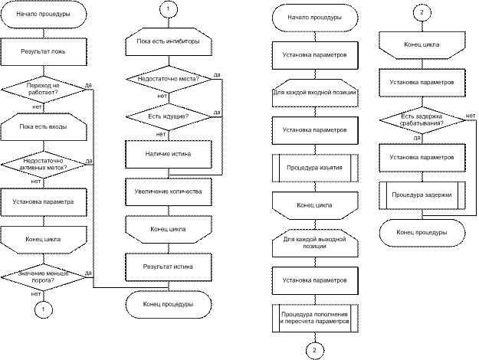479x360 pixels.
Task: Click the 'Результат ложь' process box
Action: (x=44, y=51)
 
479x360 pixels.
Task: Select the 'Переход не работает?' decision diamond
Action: (x=44, y=89)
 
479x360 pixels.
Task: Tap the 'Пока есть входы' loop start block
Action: (x=44, y=126)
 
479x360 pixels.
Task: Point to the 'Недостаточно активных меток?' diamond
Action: (x=44, y=164)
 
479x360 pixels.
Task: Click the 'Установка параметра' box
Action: (x=44, y=202)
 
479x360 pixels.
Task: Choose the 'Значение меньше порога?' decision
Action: (x=44, y=277)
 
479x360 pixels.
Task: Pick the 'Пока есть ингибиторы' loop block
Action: (x=169, y=41)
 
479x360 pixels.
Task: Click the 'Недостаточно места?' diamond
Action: (x=169, y=79)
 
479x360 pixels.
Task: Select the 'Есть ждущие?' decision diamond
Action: (x=169, y=116)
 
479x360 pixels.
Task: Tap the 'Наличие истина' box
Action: (x=169, y=154)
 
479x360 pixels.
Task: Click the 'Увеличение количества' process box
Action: (x=169, y=191)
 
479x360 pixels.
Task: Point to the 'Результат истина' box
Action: (x=169, y=267)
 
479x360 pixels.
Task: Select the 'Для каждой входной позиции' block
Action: (x=315, y=93)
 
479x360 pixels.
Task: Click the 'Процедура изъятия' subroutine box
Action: (x=315, y=168)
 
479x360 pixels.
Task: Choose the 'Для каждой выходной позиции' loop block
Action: (x=315, y=243)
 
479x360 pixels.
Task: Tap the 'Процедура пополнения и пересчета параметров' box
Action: (x=315, y=318)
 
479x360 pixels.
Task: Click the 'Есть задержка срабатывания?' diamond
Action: (x=422, y=120)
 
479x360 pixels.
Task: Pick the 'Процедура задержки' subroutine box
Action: (x=422, y=195)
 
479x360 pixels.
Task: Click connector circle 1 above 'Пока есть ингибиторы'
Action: (x=169, y=9)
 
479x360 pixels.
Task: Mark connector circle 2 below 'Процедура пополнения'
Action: (x=315, y=351)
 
